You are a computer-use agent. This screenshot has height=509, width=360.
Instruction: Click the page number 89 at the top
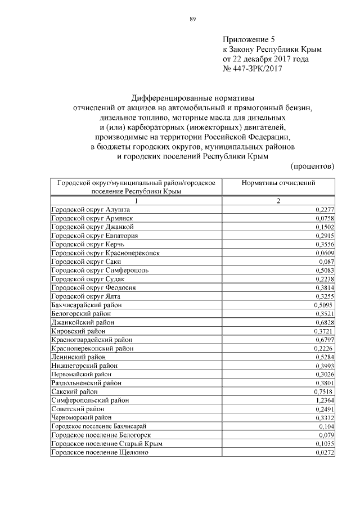(192, 19)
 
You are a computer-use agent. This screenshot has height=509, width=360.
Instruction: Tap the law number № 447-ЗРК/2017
(252, 69)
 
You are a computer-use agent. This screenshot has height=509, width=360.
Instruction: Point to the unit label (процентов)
(312, 166)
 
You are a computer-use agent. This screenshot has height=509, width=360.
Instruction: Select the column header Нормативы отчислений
(278, 183)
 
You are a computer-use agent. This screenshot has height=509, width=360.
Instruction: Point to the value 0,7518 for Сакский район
(322, 391)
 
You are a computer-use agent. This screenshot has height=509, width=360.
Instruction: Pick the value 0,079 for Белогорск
(327, 435)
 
